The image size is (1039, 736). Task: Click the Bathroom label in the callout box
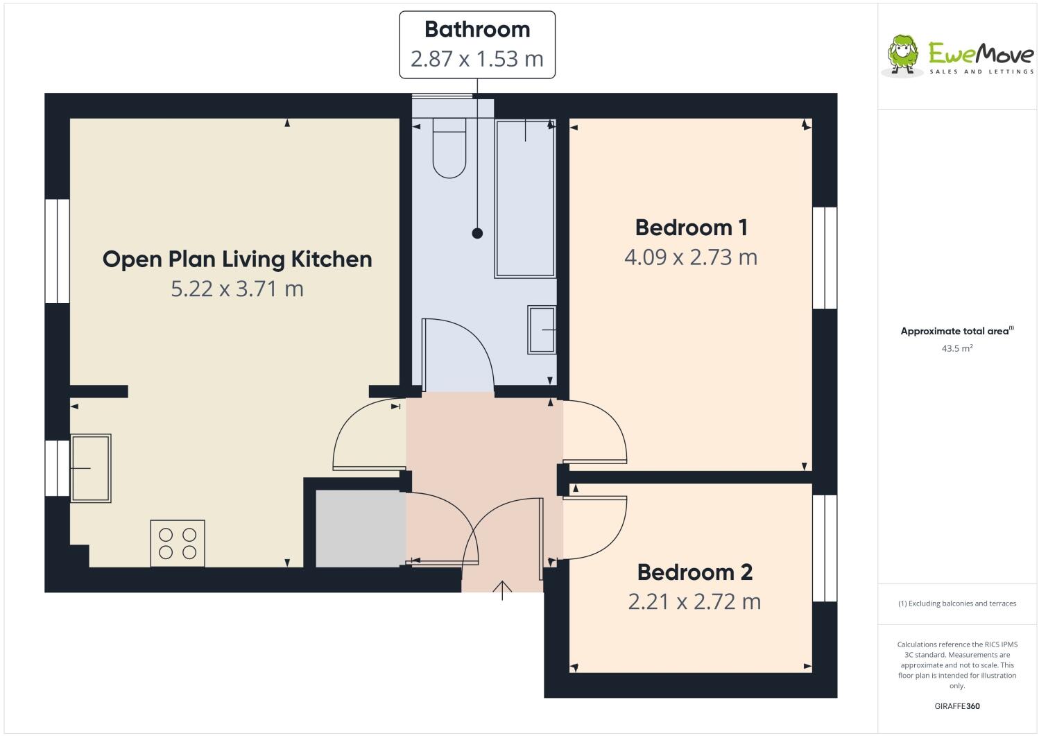pyautogui.click(x=476, y=30)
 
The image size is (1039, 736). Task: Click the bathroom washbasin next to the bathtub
pyautogui.click(x=542, y=330)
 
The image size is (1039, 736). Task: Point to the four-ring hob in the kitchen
pyautogui.click(x=178, y=543)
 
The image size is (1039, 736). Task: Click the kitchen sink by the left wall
pyautogui.click(x=90, y=468)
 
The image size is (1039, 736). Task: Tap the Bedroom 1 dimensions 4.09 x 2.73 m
pyautogui.click(x=691, y=257)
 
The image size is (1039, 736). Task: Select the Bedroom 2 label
pyautogui.click(x=694, y=572)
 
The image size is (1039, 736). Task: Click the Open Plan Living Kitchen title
pyautogui.click(x=237, y=259)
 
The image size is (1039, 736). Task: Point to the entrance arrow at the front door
pyautogui.click(x=502, y=590)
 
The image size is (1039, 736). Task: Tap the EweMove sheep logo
pyautogui.click(x=903, y=54)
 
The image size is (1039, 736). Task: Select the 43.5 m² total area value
pyautogui.click(x=956, y=349)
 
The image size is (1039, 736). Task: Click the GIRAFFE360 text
pyautogui.click(x=956, y=707)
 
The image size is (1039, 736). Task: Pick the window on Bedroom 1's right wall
pyautogui.click(x=824, y=257)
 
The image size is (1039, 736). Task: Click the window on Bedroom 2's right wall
pyautogui.click(x=824, y=548)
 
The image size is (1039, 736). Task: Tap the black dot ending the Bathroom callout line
pyautogui.click(x=477, y=234)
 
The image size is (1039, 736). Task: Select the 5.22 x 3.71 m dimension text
pyautogui.click(x=237, y=289)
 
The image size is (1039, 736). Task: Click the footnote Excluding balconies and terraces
pyautogui.click(x=957, y=604)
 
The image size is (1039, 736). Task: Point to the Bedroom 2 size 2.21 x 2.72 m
pyautogui.click(x=694, y=601)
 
